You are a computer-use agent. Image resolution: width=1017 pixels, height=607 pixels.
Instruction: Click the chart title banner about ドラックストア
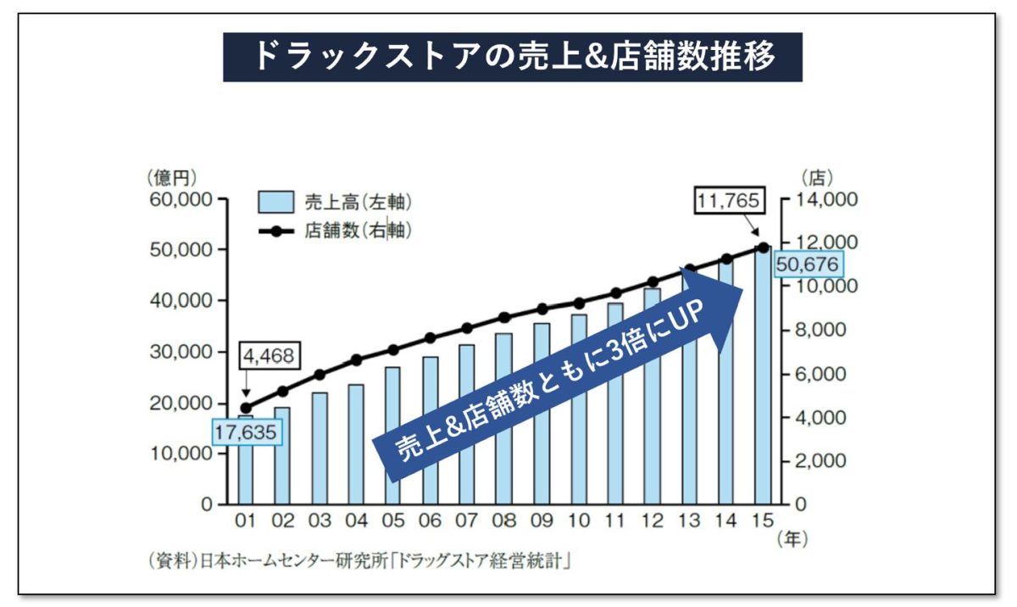512,57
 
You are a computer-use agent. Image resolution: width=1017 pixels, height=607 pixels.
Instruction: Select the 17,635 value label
245,431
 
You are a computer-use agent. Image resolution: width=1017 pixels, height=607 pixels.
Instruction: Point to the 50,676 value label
806,265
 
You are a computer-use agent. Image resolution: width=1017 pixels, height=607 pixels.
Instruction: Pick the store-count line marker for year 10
579,303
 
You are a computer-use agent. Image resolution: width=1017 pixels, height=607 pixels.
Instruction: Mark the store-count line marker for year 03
320,374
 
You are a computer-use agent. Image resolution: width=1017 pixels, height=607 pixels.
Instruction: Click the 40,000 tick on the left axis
183,301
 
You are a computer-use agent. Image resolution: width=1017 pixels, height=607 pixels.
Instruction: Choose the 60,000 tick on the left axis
183,199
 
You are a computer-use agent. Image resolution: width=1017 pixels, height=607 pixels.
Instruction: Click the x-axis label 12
653,519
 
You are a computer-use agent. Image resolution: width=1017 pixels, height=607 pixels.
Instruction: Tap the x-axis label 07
467,519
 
